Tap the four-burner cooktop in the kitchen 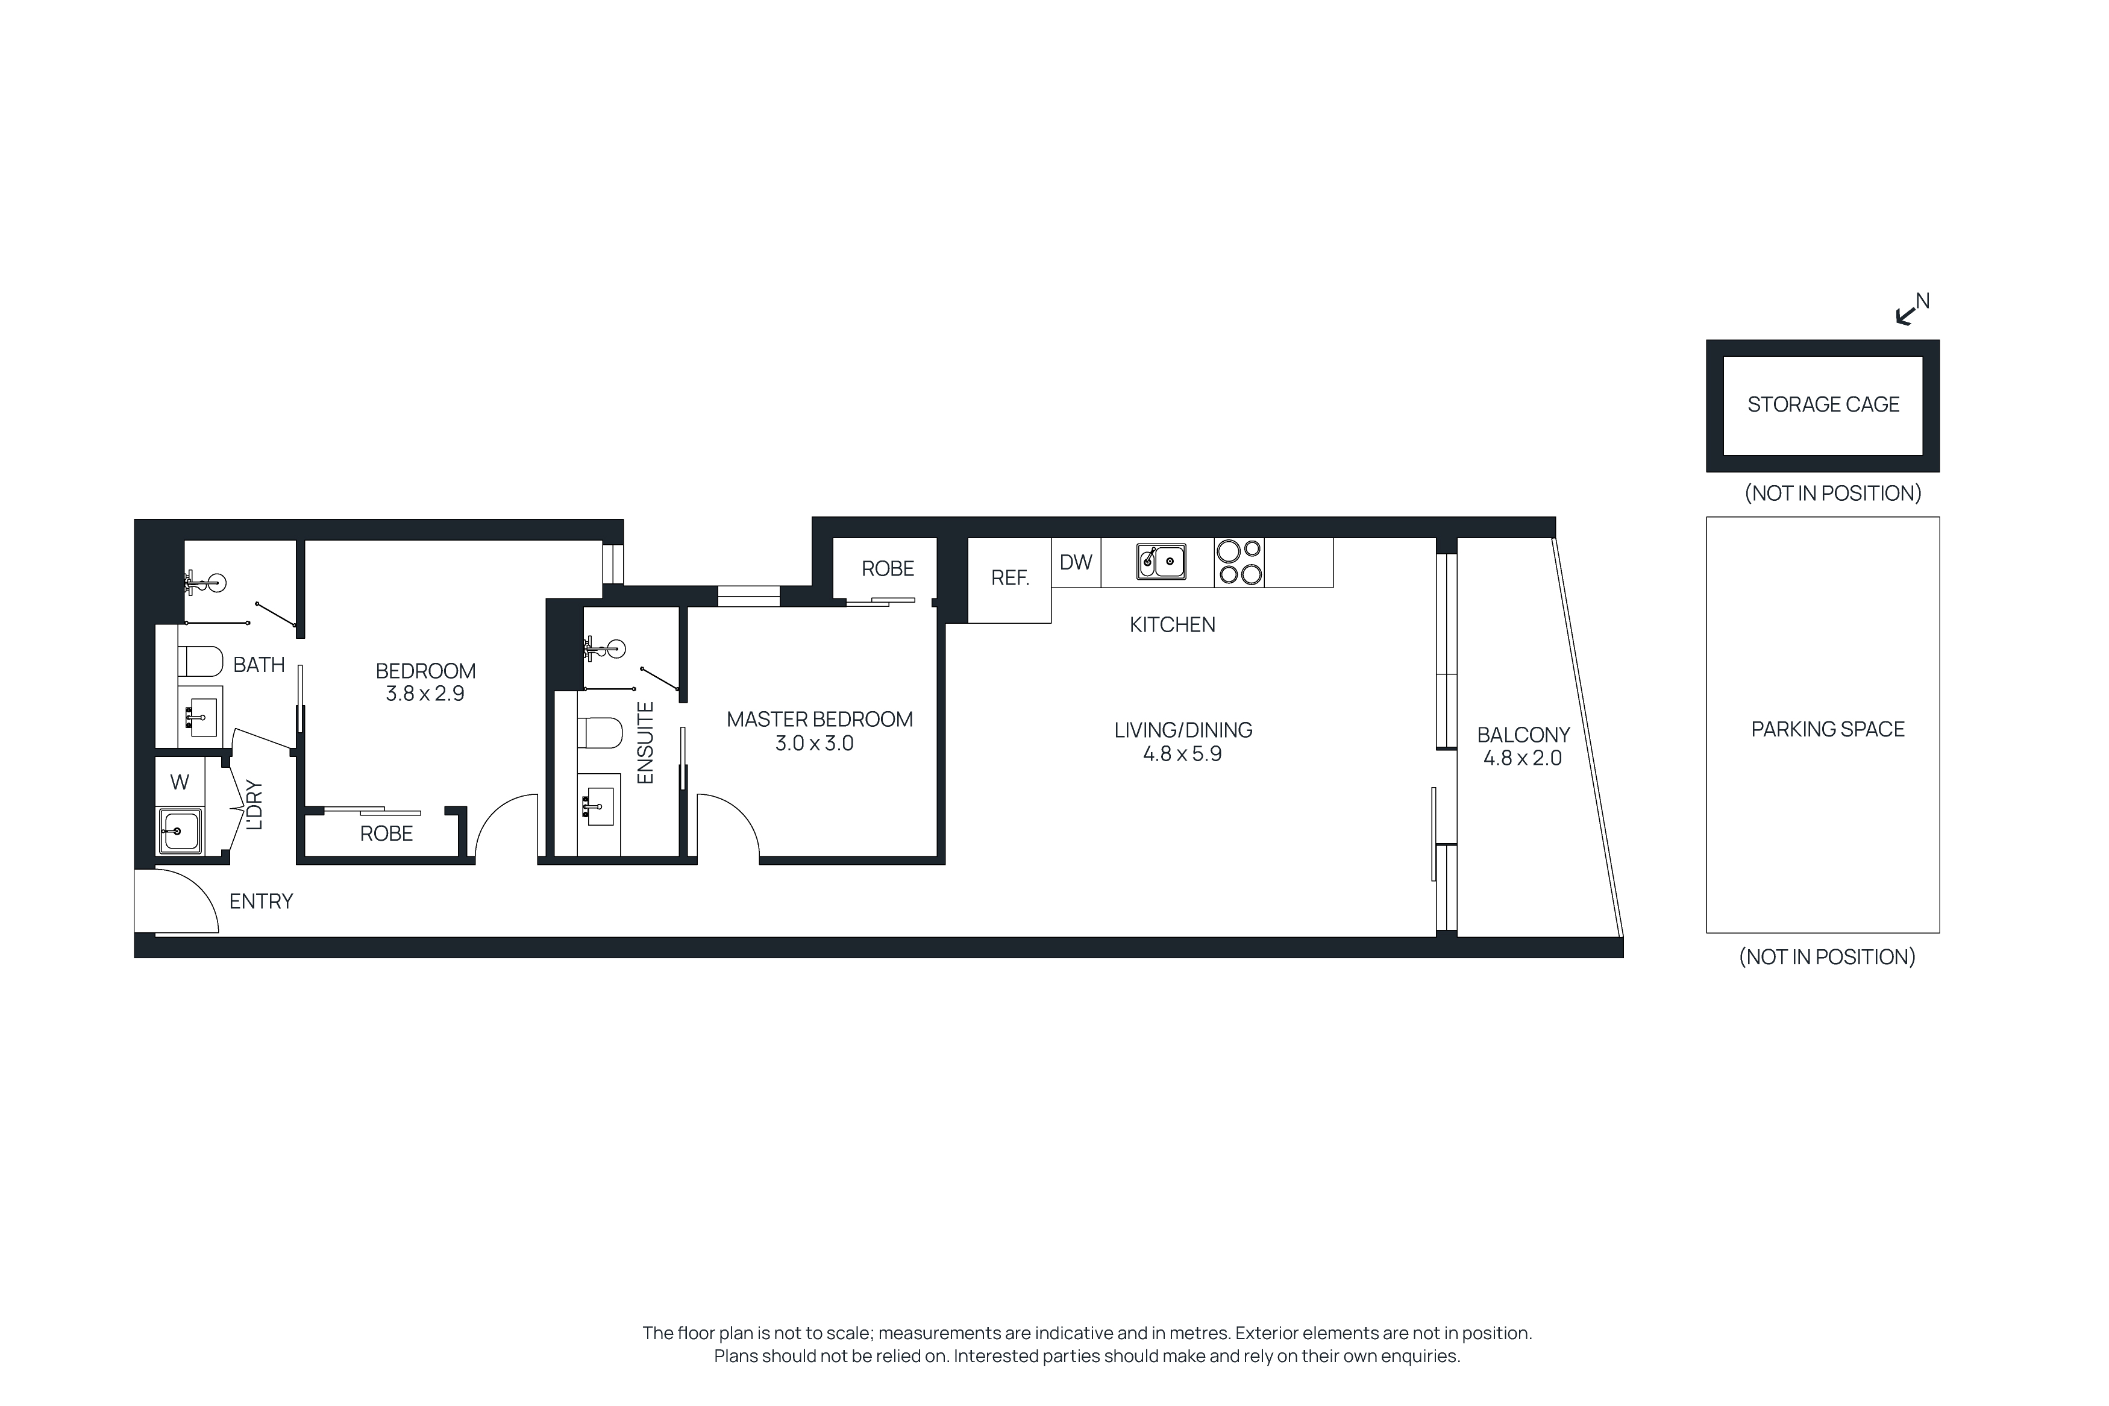click(1239, 562)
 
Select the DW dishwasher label click(1076, 562)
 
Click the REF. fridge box click(1009, 579)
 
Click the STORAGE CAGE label click(1822, 404)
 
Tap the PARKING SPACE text click(1826, 729)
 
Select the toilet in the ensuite click(600, 733)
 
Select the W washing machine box click(179, 782)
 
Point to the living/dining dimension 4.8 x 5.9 click(1182, 754)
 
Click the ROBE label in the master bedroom click(888, 568)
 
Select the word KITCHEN click(1171, 625)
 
